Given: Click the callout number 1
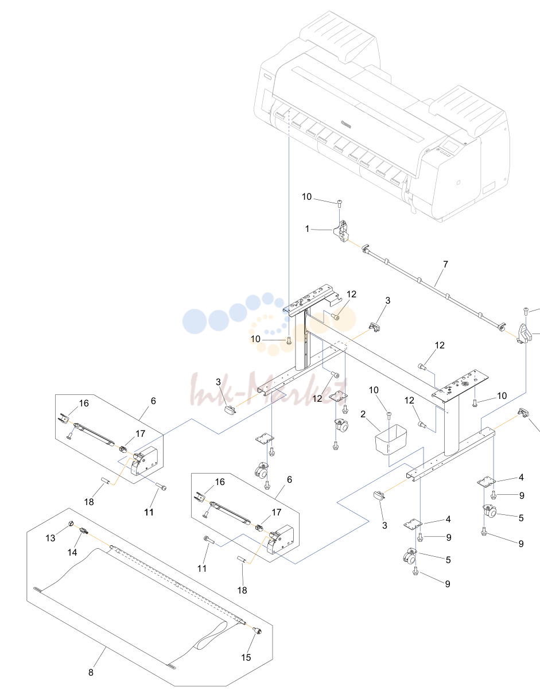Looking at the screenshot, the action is click(x=307, y=229).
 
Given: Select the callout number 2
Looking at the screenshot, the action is click(x=363, y=414).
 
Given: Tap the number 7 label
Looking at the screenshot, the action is click(x=445, y=265).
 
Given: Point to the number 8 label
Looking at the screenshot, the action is click(x=91, y=672).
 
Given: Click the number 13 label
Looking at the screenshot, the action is click(x=50, y=538).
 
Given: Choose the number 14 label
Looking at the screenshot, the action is click(x=72, y=552).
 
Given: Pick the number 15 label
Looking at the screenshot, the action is click(x=246, y=657).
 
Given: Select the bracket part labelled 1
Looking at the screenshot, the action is click(x=341, y=231).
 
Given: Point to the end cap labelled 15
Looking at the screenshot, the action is click(x=257, y=631).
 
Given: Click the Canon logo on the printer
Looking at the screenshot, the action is click(x=346, y=125).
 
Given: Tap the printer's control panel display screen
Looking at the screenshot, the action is click(x=453, y=147).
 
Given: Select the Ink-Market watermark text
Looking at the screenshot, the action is click(x=269, y=389).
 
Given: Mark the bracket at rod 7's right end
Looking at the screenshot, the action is click(x=525, y=334).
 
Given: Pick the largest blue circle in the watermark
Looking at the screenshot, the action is click(x=194, y=321).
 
